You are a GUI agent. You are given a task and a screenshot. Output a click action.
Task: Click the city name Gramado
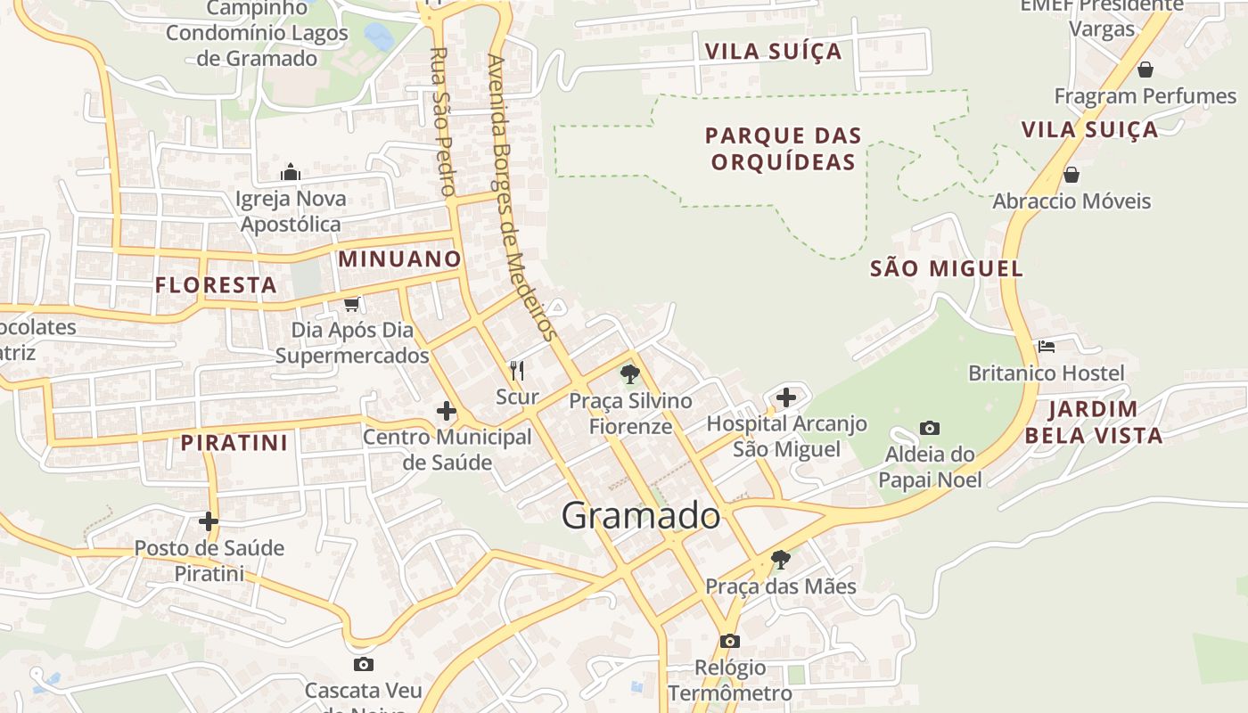coord(640,516)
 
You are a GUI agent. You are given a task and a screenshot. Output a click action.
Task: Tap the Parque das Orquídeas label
coord(783,149)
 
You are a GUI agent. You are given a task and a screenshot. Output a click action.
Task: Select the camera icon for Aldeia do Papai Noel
coord(929,429)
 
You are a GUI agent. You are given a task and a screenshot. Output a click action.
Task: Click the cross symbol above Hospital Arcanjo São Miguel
coord(785,397)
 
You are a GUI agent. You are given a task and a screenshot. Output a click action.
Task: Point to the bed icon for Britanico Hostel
coord(1047,346)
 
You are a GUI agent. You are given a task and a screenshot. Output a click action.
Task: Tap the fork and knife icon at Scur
coord(516,369)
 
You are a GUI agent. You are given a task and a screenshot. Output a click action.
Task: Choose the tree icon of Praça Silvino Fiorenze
coord(630,373)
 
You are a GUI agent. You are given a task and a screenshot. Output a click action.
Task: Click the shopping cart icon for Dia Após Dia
coord(352,305)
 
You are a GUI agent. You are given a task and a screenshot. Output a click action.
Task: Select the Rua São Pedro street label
coord(442,121)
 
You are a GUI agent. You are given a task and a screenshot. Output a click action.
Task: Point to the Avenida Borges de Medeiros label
coord(522,198)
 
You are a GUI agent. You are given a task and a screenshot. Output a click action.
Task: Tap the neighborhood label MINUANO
coord(400,259)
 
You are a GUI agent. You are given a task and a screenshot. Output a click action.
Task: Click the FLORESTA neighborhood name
coord(216,285)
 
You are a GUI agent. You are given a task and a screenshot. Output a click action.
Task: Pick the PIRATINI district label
coord(234,443)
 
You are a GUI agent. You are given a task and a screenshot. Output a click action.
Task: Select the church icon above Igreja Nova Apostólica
coord(291,172)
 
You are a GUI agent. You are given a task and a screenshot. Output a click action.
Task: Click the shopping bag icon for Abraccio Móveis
coord(1071,175)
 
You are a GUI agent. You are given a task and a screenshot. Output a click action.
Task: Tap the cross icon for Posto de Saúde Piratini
coord(209,521)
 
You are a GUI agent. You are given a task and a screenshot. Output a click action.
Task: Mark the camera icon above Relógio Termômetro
coord(729,641)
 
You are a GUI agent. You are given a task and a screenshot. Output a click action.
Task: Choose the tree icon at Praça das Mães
coord(780,560)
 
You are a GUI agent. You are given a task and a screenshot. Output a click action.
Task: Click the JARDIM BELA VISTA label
coord(1093,422)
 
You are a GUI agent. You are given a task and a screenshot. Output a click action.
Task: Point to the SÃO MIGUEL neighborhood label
coord(946,268)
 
